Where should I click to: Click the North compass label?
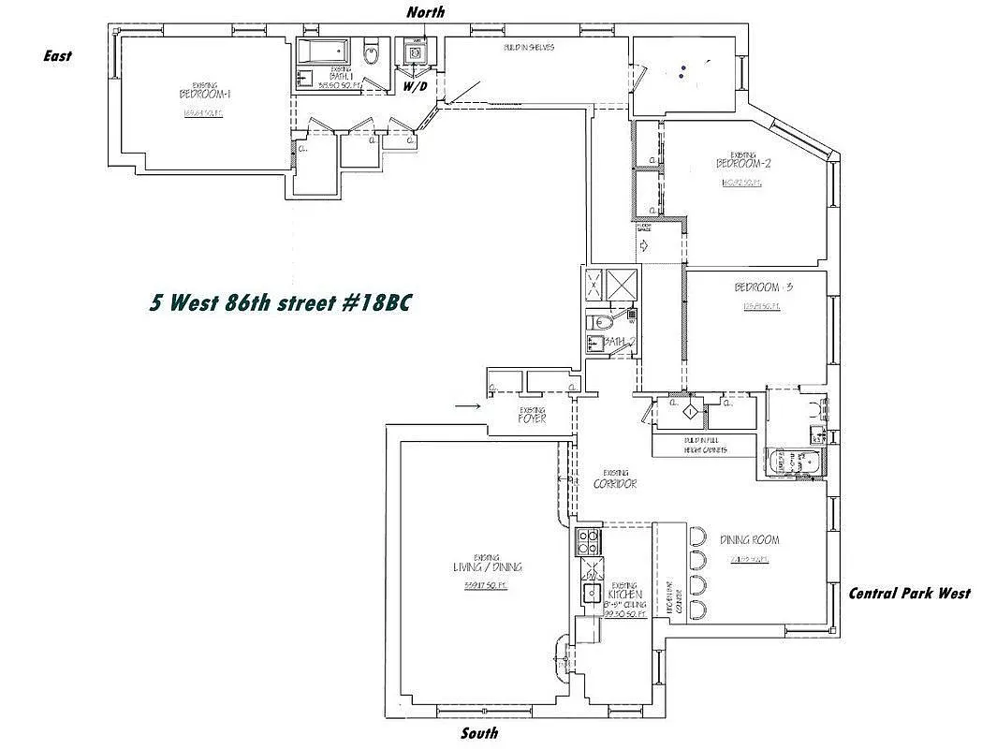pyautogui.click(x=425, y=12)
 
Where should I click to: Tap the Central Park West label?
pyautogui.click(x=908, y=593)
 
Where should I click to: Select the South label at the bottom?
pyautogui.click(x=479, y=733)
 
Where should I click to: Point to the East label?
pyautogui.click(x=57, y=56)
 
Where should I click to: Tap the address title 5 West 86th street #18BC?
pyautogui.click(x=280, y=303)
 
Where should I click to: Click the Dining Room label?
pyautogui.click(x=749, y=540)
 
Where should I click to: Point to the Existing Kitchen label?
pyautogui.click(x=623, y=593)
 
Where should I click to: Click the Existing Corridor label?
pyautogui.click(x=615, y=483)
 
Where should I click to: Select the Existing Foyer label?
pyautogui.click(x=532, y=418)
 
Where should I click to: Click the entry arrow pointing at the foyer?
pyautogui.click(x=468, y=406)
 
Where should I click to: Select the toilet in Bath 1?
pyautogui.click(x=371, y=54)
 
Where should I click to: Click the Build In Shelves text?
pyautogui.click(x=520, y=47)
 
